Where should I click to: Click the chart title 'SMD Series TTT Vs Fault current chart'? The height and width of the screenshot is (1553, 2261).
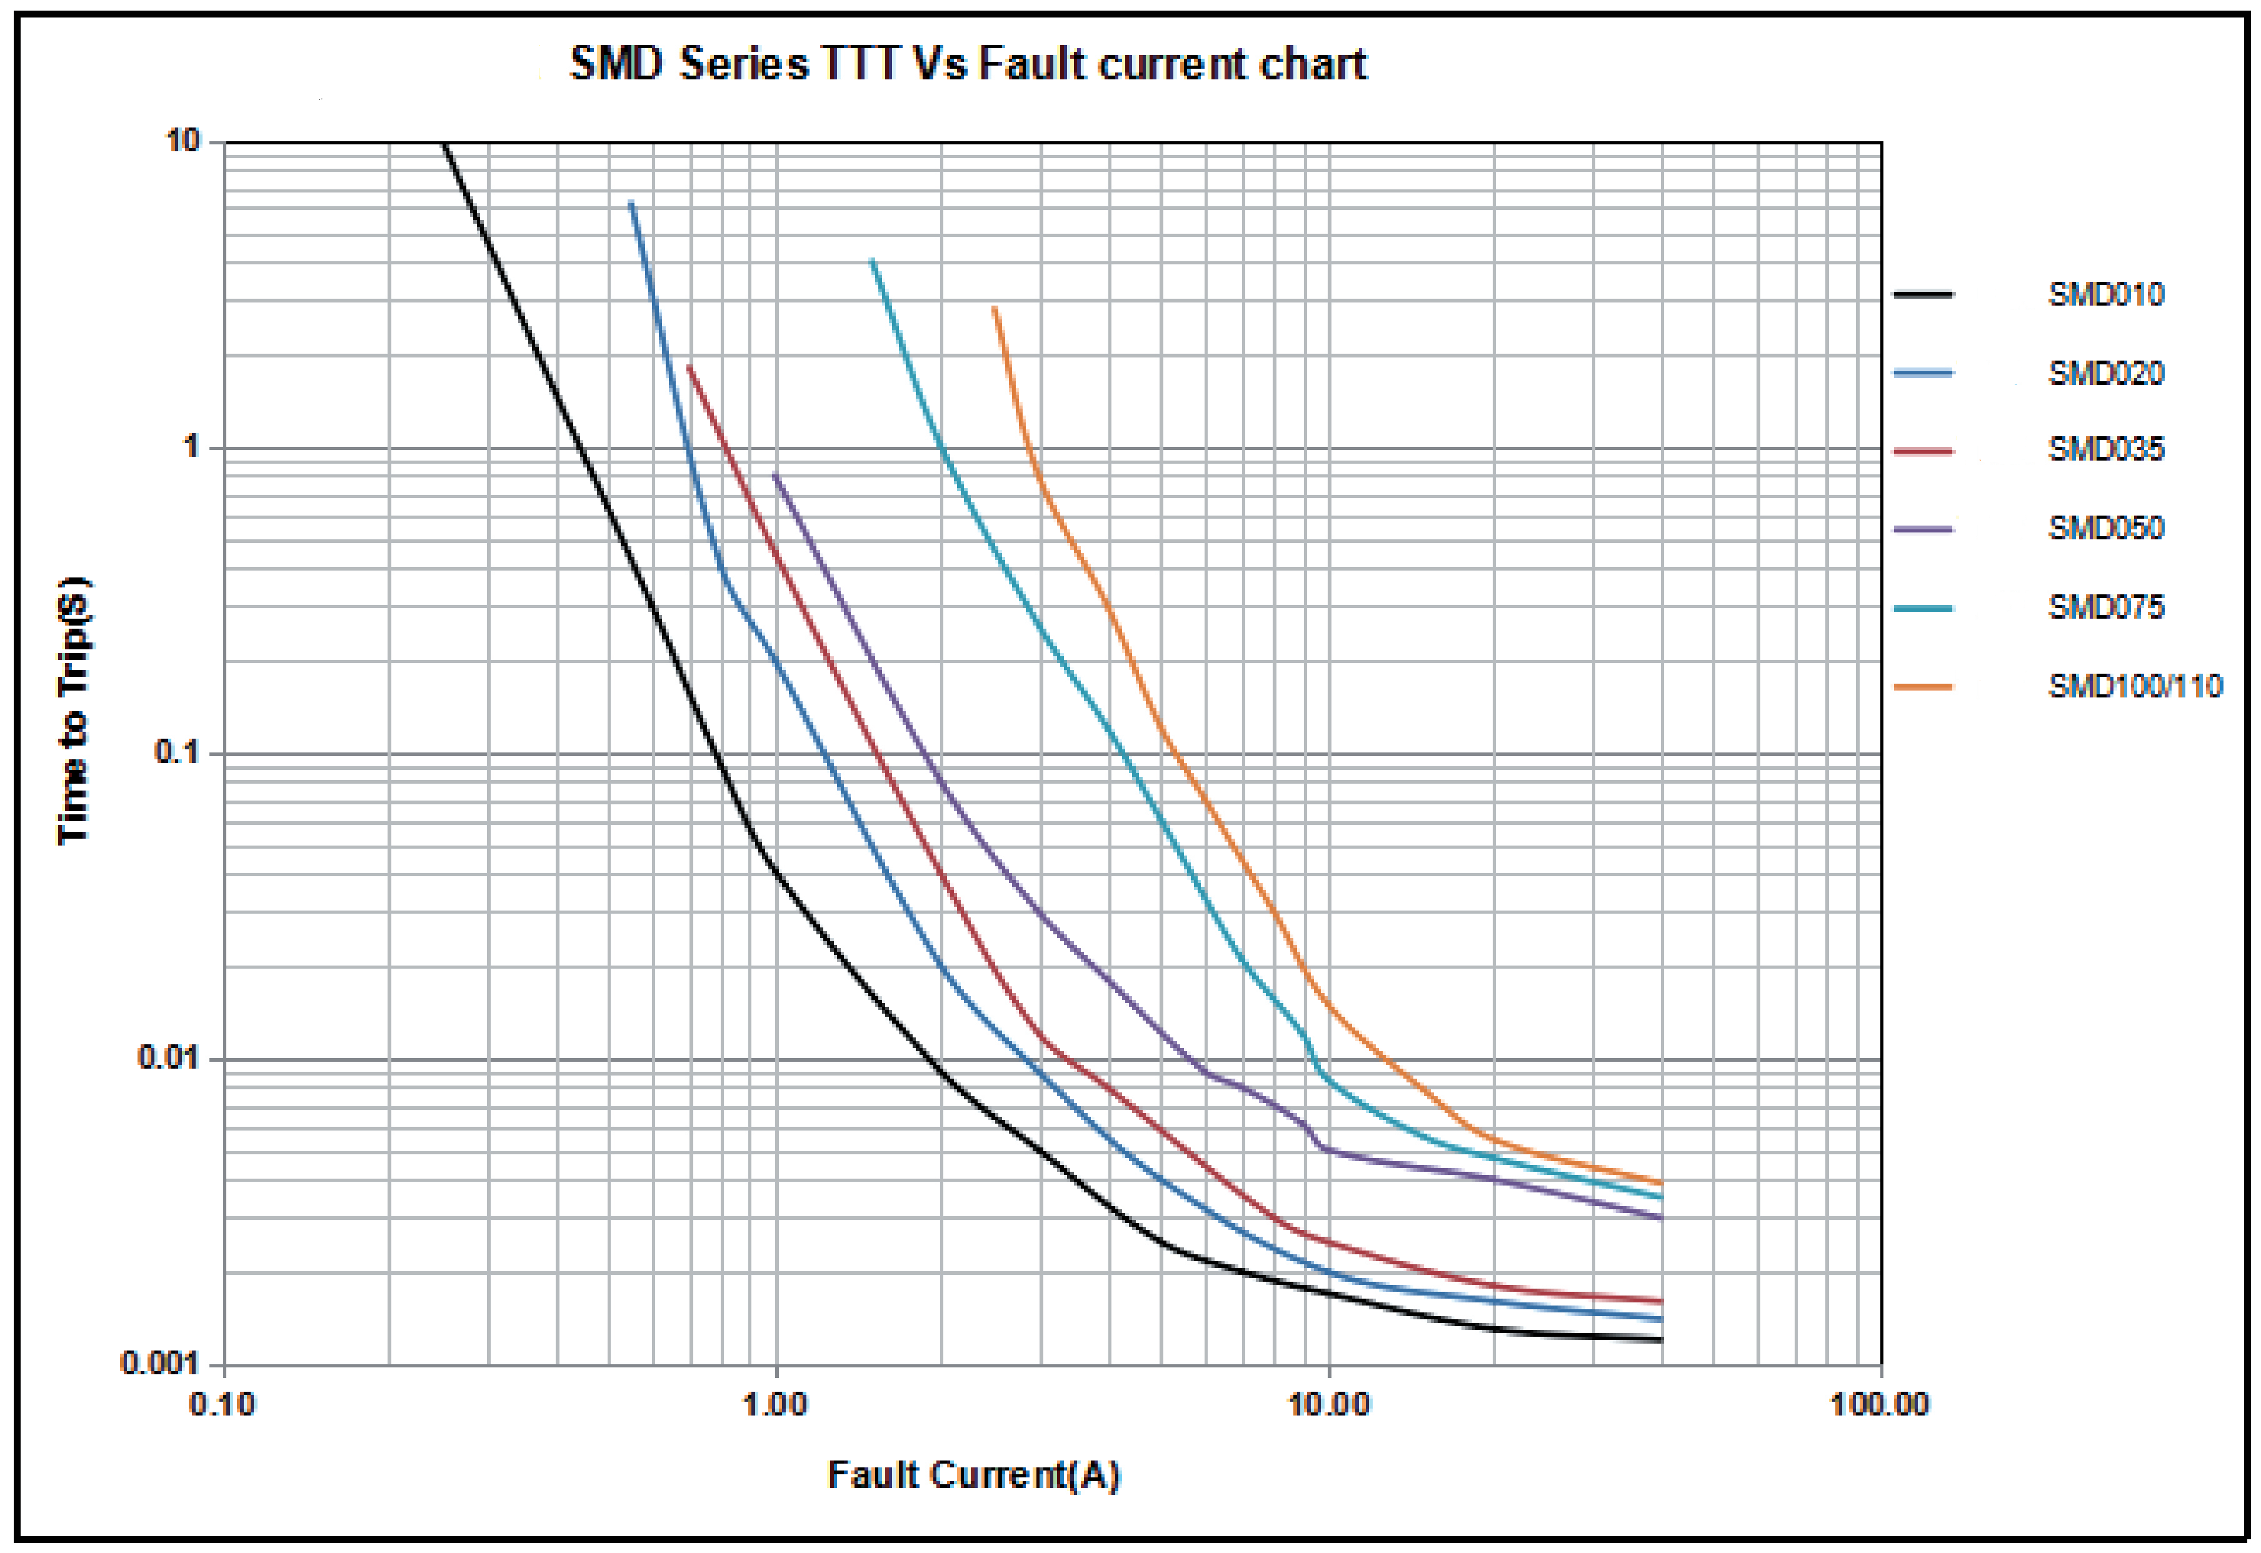point(968,64)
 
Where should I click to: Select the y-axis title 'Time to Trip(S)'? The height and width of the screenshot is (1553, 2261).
point(74,711)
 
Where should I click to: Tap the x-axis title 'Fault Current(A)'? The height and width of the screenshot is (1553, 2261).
point(973,1475)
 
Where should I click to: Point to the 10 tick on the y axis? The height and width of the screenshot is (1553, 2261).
point(182,141)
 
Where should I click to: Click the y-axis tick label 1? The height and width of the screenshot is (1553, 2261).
point(191,447)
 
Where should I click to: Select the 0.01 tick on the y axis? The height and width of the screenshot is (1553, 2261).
point(168,1057)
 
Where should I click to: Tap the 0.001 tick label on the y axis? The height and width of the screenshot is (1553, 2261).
point(159,1362)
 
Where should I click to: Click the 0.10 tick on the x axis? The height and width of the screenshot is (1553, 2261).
point(222,1404)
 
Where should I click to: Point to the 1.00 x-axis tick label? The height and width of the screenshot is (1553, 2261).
point(775,1404)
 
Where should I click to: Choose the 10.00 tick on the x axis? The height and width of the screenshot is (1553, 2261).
point(1328,1404)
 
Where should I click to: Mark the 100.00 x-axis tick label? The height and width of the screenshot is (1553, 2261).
point(1880,1404)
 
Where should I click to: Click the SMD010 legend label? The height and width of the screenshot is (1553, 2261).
point(2105,294)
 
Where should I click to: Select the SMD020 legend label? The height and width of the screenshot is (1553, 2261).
point(2105,372)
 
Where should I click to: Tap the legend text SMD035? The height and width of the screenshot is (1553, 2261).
point(2105,449)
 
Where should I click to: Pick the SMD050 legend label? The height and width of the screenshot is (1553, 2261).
point(2105,528)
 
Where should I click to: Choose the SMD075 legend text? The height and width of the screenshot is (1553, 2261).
point(2105,607)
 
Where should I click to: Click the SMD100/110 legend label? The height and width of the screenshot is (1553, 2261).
point(2135,686)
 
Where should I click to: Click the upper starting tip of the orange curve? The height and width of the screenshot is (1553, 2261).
point(995,309)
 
